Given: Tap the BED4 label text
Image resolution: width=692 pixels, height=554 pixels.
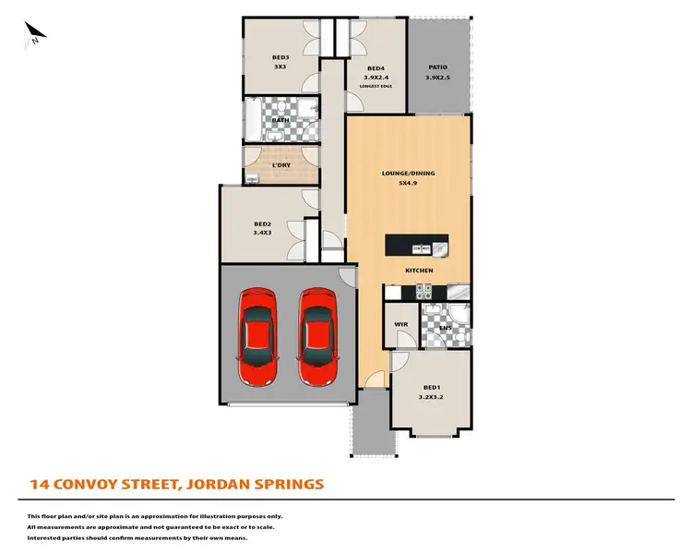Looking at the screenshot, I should click(376, 68).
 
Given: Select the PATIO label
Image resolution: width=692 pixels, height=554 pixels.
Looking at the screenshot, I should click(438, 67).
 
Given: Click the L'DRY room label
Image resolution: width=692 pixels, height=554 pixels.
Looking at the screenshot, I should click(280, 166).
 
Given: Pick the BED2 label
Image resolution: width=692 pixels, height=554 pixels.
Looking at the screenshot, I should click(263, 223).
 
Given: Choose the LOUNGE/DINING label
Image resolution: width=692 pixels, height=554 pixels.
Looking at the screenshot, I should click(408, 173).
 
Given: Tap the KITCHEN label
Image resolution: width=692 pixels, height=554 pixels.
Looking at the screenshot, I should click(419, 270).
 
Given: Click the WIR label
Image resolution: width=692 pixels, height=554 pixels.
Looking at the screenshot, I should click(400, 325).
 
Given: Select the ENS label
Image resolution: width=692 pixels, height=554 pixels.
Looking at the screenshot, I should click(445, 328).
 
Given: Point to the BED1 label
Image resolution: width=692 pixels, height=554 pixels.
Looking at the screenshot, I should click(432, 387).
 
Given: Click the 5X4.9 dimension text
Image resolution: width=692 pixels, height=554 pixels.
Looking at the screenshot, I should click(408, 183).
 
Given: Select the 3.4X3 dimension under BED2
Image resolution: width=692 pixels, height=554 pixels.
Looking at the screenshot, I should click(263, 234).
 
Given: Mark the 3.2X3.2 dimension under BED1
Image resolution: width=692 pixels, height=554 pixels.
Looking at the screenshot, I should click(432, 397).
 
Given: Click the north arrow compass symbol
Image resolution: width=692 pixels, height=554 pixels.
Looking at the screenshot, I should click(35, 34).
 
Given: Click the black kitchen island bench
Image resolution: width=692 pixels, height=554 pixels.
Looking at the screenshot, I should click(419, 247).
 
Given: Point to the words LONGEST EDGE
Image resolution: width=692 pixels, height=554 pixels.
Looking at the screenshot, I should click(376, 87).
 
